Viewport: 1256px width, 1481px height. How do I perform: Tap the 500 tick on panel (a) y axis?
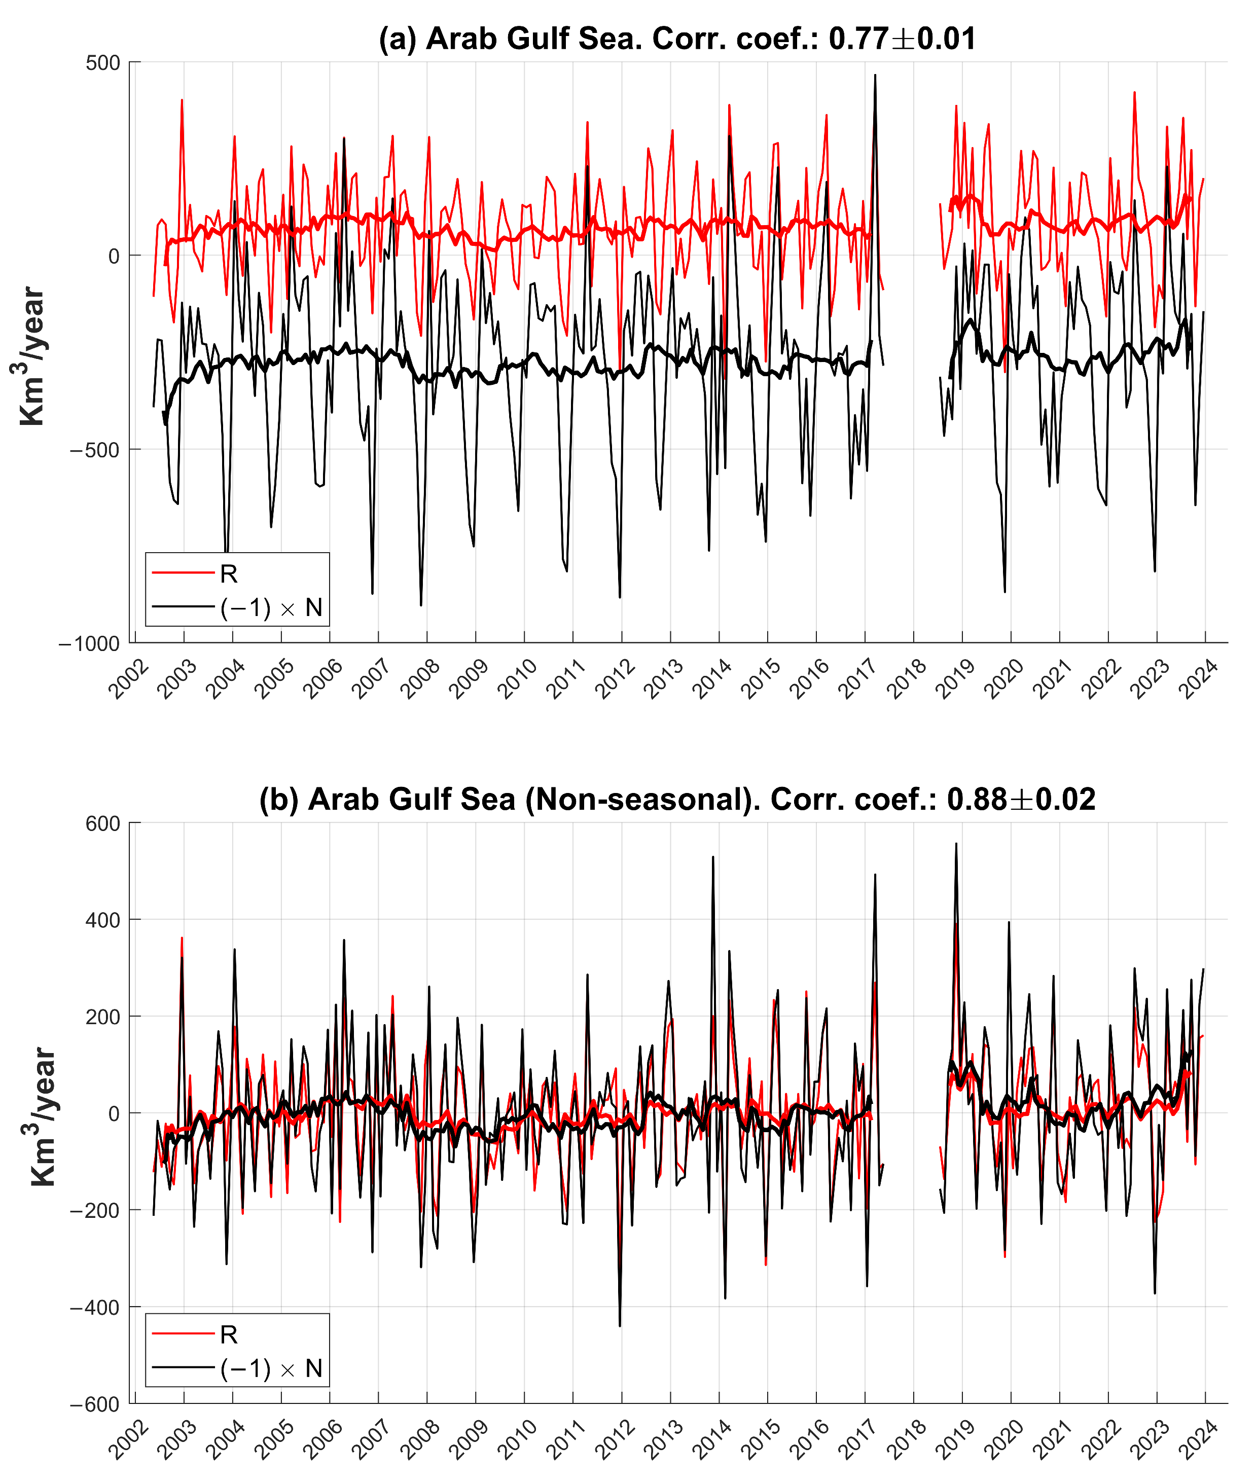104,63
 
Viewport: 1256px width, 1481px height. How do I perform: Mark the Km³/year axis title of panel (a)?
31,356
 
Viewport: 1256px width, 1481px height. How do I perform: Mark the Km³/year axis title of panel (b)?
43,1116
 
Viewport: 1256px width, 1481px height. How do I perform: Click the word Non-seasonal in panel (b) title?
636,800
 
